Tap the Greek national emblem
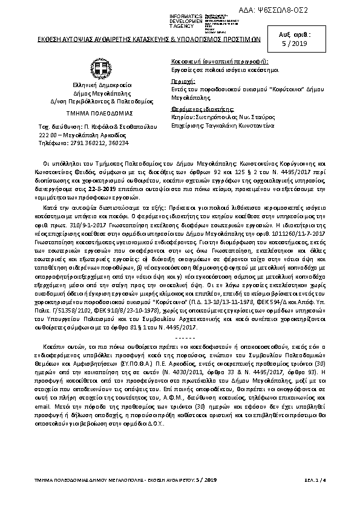(x=99, y=68)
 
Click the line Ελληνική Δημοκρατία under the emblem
(x=99, y=86)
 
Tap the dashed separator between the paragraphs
(x=180, y=320)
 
